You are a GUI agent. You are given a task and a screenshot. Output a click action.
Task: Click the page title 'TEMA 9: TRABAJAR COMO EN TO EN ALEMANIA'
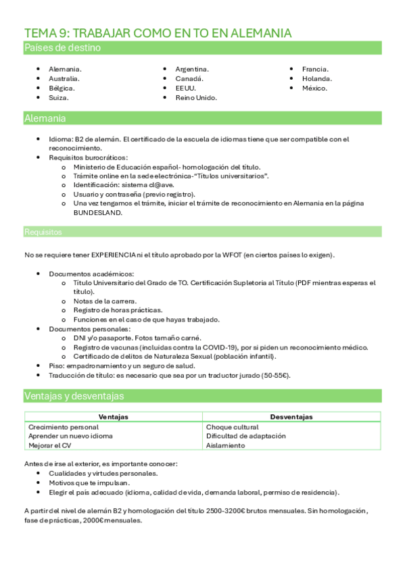158,33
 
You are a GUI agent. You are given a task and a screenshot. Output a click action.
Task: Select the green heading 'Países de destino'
62,47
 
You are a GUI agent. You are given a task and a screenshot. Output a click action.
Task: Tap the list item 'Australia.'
64,78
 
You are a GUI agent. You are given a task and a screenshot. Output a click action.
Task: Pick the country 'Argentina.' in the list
192,69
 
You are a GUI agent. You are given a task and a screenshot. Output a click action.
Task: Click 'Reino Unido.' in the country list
196,97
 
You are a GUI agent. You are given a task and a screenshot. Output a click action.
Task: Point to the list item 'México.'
314,88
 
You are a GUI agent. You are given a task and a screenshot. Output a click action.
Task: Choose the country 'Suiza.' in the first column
59,97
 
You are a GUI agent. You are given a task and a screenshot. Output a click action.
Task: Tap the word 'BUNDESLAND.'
98,211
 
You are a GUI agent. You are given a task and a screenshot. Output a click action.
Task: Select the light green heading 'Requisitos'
43,232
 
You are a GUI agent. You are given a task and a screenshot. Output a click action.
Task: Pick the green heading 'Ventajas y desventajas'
74,395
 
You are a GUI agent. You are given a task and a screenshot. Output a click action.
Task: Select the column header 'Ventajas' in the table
113,417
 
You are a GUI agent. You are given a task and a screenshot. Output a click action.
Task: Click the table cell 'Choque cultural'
232,427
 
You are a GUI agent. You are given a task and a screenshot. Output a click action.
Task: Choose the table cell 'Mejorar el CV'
51,445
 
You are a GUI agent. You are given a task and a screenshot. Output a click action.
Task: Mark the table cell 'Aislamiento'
226,445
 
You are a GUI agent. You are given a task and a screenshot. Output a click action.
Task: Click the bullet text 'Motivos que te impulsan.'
89,483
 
